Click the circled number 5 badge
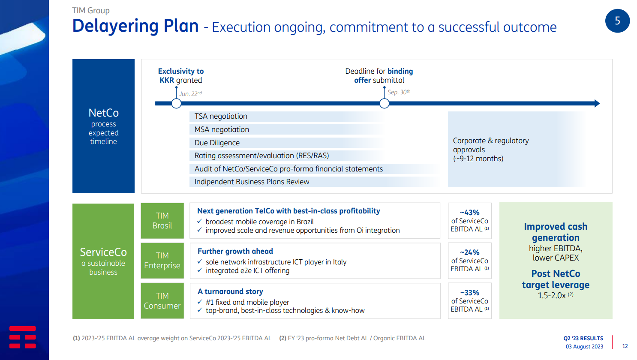(617, 21)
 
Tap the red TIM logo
(22, 337)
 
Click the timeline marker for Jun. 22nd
(176, 103)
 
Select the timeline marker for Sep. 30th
(384, 103)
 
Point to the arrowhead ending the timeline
(597, 103)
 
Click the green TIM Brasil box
(162, 221)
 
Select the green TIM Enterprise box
(162, 261)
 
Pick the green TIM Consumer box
(162, 301)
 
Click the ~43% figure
(469, 213)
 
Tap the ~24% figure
(469, 252)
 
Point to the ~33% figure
(469, 293)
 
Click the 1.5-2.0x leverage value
(552, 295)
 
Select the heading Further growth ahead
(235, 251)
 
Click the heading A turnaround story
(230, 291)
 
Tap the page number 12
(625, 346)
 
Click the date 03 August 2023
(584, 346)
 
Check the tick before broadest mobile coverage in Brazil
(200, 221)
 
